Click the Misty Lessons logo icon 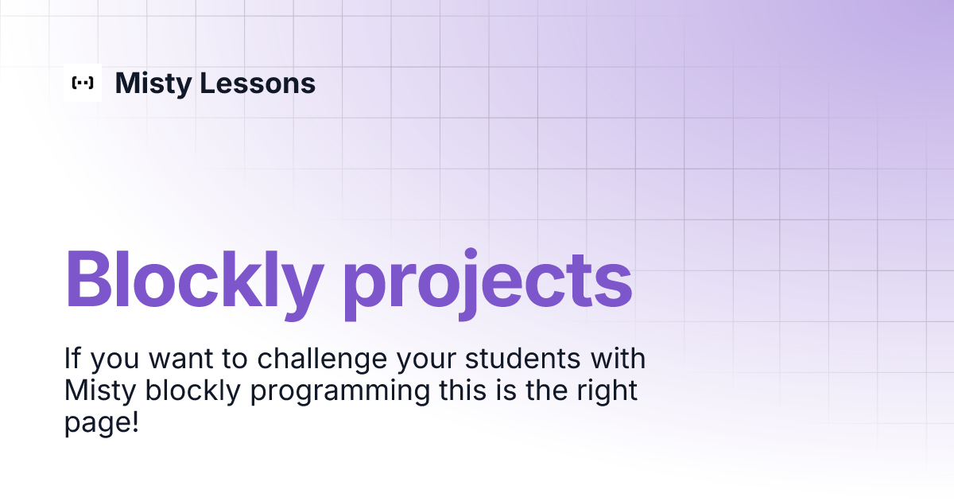[83, 83]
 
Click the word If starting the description [72, 359]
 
